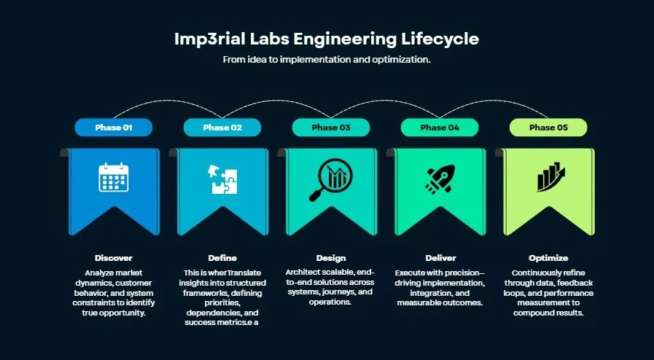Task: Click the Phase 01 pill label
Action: click(113, 128)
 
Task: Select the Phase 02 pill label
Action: click(222, 128)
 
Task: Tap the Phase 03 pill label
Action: click(330, 128)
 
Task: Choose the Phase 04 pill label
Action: click(440, 128)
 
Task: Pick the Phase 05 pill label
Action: click(548, 128)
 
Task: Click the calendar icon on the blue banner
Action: click(113, 177)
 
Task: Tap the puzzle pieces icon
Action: click(223, 179)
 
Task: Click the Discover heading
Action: click(113, 258)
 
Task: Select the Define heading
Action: click(222, 258)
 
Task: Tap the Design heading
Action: click(330, 258)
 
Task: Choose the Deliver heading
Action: click(440, 258)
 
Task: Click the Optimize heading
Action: click(548, 258)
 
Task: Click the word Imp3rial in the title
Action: click(202, 39)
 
